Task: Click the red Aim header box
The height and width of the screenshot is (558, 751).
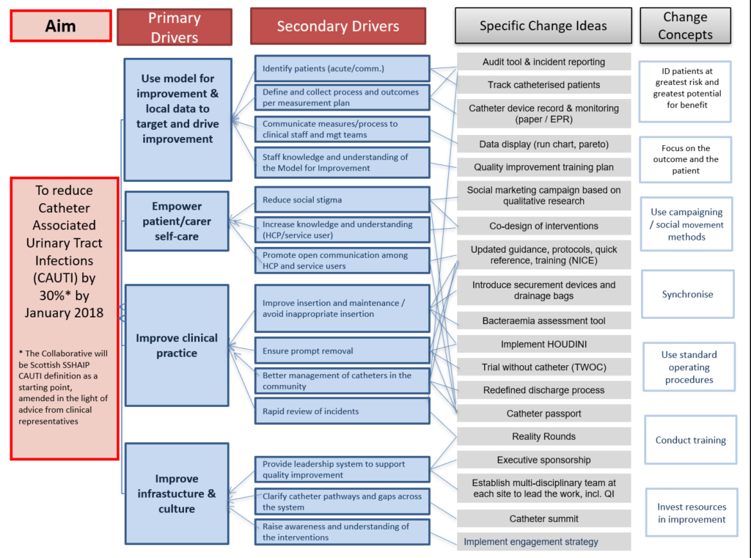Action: click(61, 26)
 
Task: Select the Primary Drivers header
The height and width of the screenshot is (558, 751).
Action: click(175, 27)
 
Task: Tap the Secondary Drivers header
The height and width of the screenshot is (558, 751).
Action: click(338, 26)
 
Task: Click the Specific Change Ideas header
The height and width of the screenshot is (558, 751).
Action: click(543, 26)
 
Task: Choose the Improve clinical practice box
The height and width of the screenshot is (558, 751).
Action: click(176, 345)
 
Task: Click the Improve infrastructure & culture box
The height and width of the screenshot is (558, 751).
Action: click(176, 493)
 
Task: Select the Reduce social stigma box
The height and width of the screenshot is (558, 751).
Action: click(342, 199)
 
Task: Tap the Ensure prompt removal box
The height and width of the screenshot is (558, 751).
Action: click(342, 350)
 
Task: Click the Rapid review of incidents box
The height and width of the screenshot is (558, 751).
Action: click(342, 411)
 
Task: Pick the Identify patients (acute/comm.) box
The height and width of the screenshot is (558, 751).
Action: click(342, 70)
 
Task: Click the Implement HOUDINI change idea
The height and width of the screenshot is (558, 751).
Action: click(543, 344)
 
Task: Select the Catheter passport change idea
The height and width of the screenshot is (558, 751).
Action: click(543, 414)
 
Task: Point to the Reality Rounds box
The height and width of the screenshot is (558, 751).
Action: click(543, 437)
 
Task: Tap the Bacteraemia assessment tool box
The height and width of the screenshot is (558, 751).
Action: click(543, 320)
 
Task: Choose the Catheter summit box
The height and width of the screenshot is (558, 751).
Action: click(543, 519)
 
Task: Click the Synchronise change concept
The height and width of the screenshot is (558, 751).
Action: click(687, 294)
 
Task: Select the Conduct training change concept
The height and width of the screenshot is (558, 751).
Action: click(690, 440)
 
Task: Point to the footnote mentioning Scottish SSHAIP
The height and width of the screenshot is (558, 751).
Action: click(64, 387)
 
